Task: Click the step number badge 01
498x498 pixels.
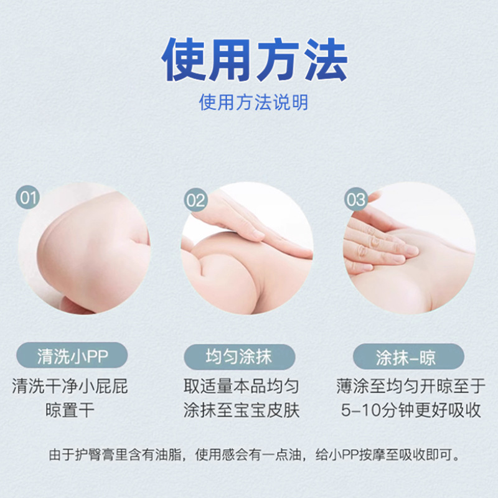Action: [x=29, y=199]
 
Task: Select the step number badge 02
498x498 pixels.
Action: [x=195, y=200]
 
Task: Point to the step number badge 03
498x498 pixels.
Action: [x=356, y=200]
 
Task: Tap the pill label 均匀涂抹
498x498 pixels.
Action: [x=238, y=357]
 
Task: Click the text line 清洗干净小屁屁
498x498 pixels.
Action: [x=70, y=387]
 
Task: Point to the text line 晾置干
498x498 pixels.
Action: [x=70, y=411]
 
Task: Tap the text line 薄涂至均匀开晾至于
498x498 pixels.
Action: [x=410, y=387]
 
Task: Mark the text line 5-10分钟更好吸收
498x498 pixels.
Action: [x=410, y=411]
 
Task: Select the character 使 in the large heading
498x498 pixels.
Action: [x=186, y=60]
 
